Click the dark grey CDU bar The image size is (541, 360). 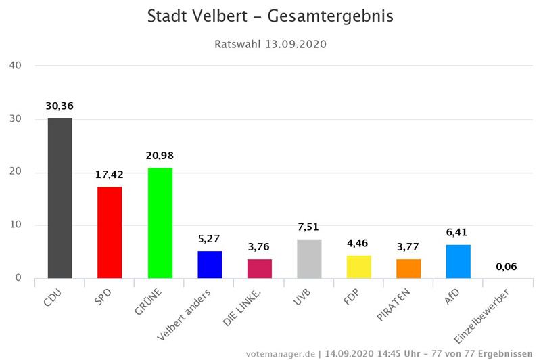60,198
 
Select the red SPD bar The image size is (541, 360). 110,232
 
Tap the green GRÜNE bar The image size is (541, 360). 160,223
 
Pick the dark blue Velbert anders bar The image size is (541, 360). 210,265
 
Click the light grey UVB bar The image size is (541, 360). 309,258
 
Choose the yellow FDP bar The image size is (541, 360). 359,267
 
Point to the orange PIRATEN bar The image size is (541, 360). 408,269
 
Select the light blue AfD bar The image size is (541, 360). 458,261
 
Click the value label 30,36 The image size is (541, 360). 60,106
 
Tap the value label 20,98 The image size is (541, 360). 160,156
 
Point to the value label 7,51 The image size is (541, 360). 309,227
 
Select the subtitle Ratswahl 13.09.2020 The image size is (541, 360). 270,45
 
